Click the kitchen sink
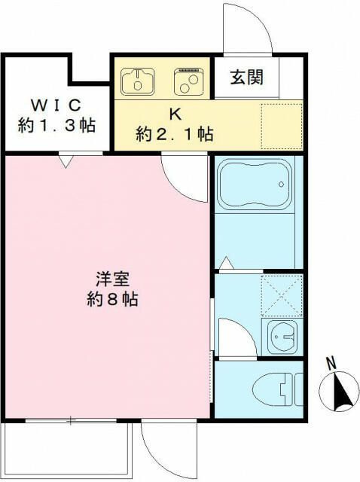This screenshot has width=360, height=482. (x=138, y=81)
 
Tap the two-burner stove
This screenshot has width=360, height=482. (x=189, y=81)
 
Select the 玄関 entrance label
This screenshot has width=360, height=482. (x=247, y=77)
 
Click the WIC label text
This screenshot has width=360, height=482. (x=56, y=105)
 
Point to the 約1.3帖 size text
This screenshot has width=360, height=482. (x=56, y=125)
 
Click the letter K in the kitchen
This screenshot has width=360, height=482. (x=175, y=114)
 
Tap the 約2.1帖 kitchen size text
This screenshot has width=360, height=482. (x=175, y=134)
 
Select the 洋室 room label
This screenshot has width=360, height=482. (x=112, y=279)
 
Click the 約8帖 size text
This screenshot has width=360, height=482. (x=112, y=298)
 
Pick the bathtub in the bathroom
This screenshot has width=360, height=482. (x=255, y=184)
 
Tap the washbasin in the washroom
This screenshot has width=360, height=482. (x=282, y=337)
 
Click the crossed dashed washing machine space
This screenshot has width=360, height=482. (x=282, y=296)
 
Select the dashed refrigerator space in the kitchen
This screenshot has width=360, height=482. (x=282, y=127)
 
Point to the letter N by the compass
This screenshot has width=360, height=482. (x=331, y=364)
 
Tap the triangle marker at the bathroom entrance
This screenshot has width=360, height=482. (x=227, y=263)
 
